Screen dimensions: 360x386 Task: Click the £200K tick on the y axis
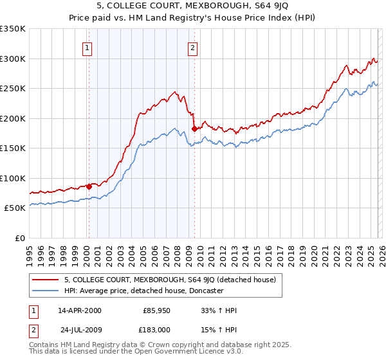(x=12, y=118)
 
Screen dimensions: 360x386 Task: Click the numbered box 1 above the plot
(x=87, y=46)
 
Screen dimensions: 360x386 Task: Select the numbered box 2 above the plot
(x=192, y=46)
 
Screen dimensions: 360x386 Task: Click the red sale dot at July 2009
(x=194, y=129)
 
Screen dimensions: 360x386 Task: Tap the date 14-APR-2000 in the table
(x=79, y=310)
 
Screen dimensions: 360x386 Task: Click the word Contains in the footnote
(x=44, y=345)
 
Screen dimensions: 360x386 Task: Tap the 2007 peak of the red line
(x=176, y=92)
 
